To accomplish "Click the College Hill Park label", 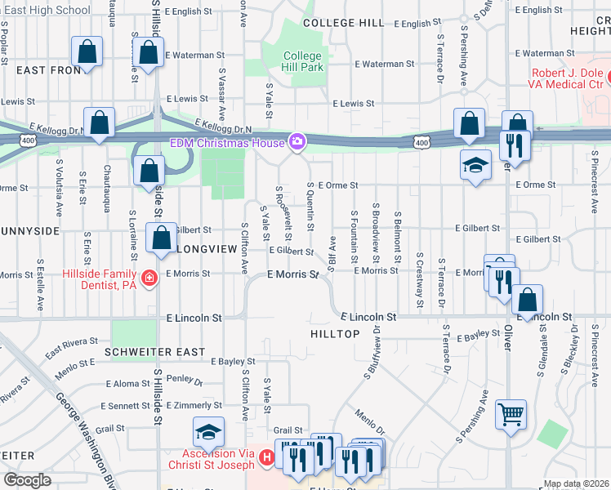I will tap(302, 61).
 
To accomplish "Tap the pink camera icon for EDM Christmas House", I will tap(297, 143).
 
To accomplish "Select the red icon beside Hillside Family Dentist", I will tap(149, 279).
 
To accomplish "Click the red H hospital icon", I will tap(265, 460).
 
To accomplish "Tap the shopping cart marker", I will tap(511, 414).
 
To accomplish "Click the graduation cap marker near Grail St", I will tap(208, 431).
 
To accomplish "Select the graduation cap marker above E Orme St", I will tap(475, 164).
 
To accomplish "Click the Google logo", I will tap(27, 480).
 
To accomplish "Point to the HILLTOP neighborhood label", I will tap(335, 335).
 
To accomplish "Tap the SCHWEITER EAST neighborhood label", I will tap(155, 351).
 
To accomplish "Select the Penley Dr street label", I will tap(184, 380).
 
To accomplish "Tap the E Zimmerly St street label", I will tap(193, 405).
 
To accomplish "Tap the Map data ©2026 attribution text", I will tap(575, 483).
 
